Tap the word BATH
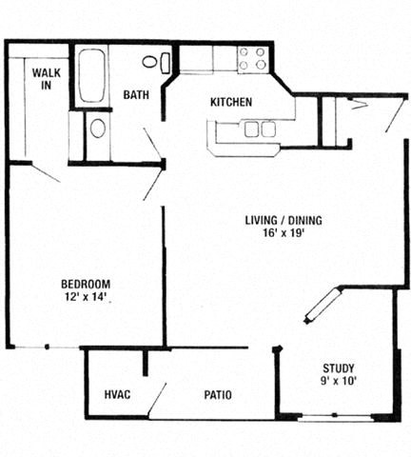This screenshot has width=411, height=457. click(x=135, y=95)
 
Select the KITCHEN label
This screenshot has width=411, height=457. click(x=230, y=103)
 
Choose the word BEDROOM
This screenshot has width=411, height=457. click(x=86, y=284)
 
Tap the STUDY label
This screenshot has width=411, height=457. click(x=338, y=368)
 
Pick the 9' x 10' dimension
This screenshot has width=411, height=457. click(x=338, y=382)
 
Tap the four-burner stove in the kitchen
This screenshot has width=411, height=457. click(x=252, y=59)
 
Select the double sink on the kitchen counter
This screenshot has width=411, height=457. click(x=260, y=129)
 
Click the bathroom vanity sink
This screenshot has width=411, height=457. click(x=98, y=129)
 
